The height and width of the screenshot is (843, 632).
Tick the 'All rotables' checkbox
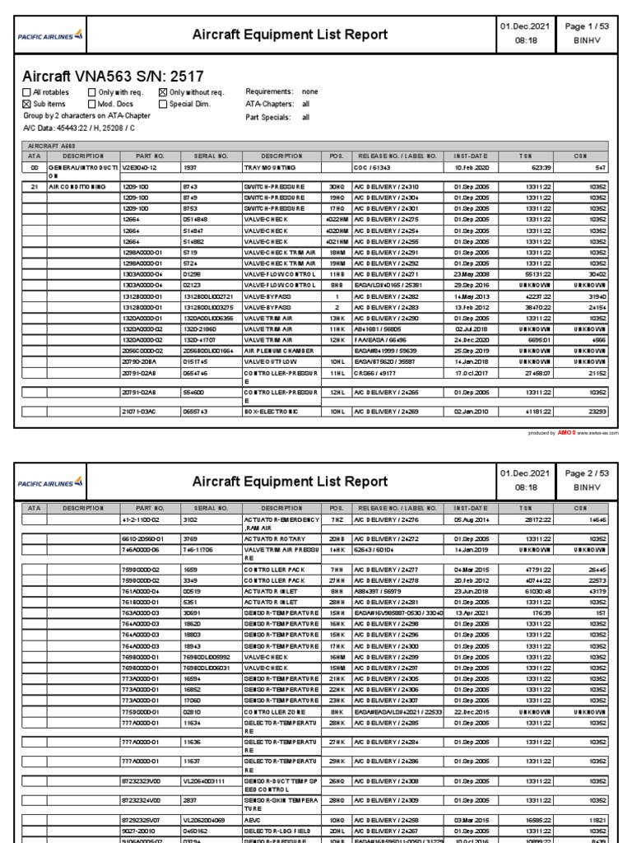(26, 92)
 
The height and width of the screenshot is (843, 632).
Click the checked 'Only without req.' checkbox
(162, 92)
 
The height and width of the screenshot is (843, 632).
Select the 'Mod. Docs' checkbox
(91, 105)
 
